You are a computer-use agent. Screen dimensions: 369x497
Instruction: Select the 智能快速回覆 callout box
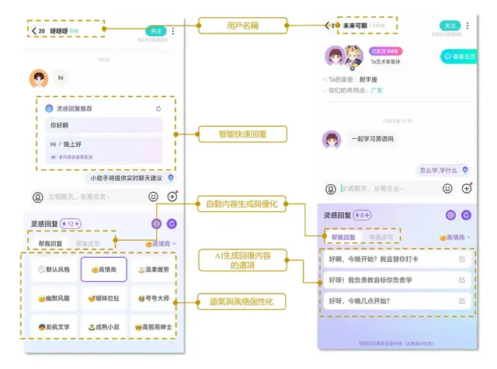click(243, 134)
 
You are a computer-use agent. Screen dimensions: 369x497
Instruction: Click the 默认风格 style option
click(55, 270)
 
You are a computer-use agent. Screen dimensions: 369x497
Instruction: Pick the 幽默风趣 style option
click(55, 298)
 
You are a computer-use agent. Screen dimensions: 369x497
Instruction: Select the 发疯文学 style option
click(55, 327)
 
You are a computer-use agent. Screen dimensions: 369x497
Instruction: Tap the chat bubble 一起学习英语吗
click(371, 139)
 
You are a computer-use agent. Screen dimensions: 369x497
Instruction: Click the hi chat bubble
click(61, 78)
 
